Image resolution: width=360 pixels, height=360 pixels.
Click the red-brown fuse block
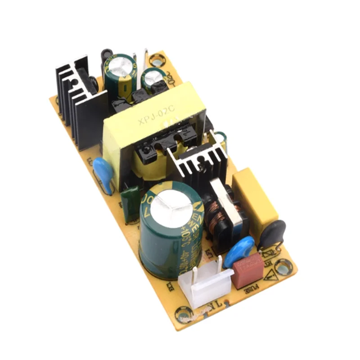coord(247,270)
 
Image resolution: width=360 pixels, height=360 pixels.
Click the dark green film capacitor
coord(130,205)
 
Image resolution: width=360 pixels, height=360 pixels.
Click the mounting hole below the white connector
coord(184,312)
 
